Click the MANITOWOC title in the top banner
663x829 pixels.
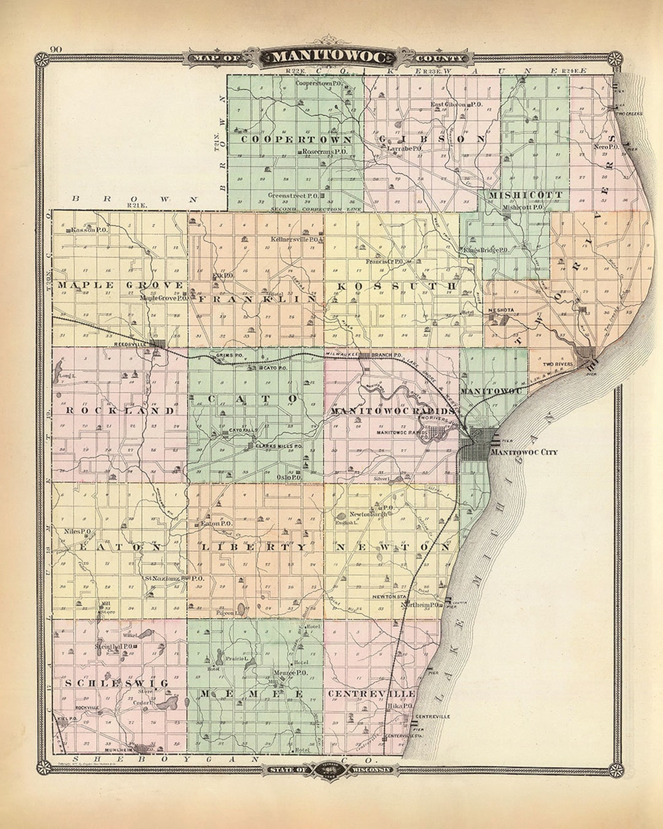[x=330, y=58]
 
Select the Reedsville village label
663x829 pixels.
[x=128, y=344]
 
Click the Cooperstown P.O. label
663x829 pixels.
[x=319, y=82]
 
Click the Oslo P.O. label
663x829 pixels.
[x=288, y=477]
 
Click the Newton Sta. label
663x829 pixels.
[x=389, y=596]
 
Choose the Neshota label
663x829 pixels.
[x=501, y=310]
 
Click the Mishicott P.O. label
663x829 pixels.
[x=522, y=208]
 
